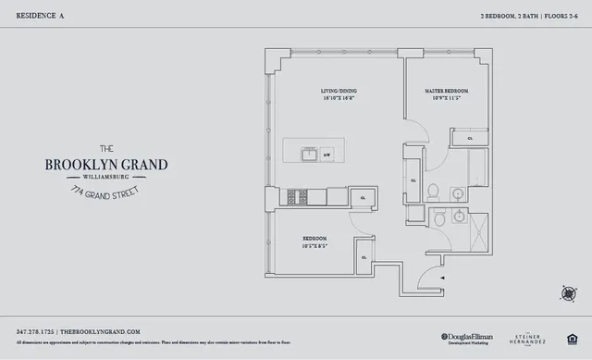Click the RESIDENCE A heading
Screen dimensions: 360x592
(38, 17)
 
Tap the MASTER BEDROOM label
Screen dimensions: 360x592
(446, 91)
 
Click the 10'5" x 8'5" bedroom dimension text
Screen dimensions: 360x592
(314, 247)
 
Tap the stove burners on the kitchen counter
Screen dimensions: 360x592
(297, 196)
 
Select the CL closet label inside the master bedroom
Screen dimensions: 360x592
(470, 138)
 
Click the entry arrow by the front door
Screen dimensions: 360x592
(443, 278)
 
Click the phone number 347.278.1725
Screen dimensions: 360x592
(35, 331)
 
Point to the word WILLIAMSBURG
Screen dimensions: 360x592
(106, 178)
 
